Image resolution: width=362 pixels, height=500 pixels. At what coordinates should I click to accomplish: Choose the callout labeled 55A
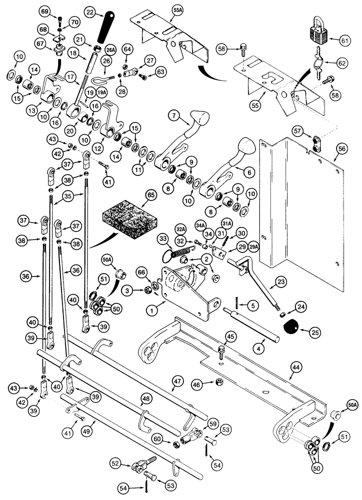point(164,9)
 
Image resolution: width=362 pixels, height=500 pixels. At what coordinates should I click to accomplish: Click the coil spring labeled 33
point(180,251)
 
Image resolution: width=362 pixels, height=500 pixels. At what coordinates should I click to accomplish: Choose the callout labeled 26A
point(111,49)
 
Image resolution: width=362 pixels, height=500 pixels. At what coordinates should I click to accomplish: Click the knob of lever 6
point(247,148)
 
